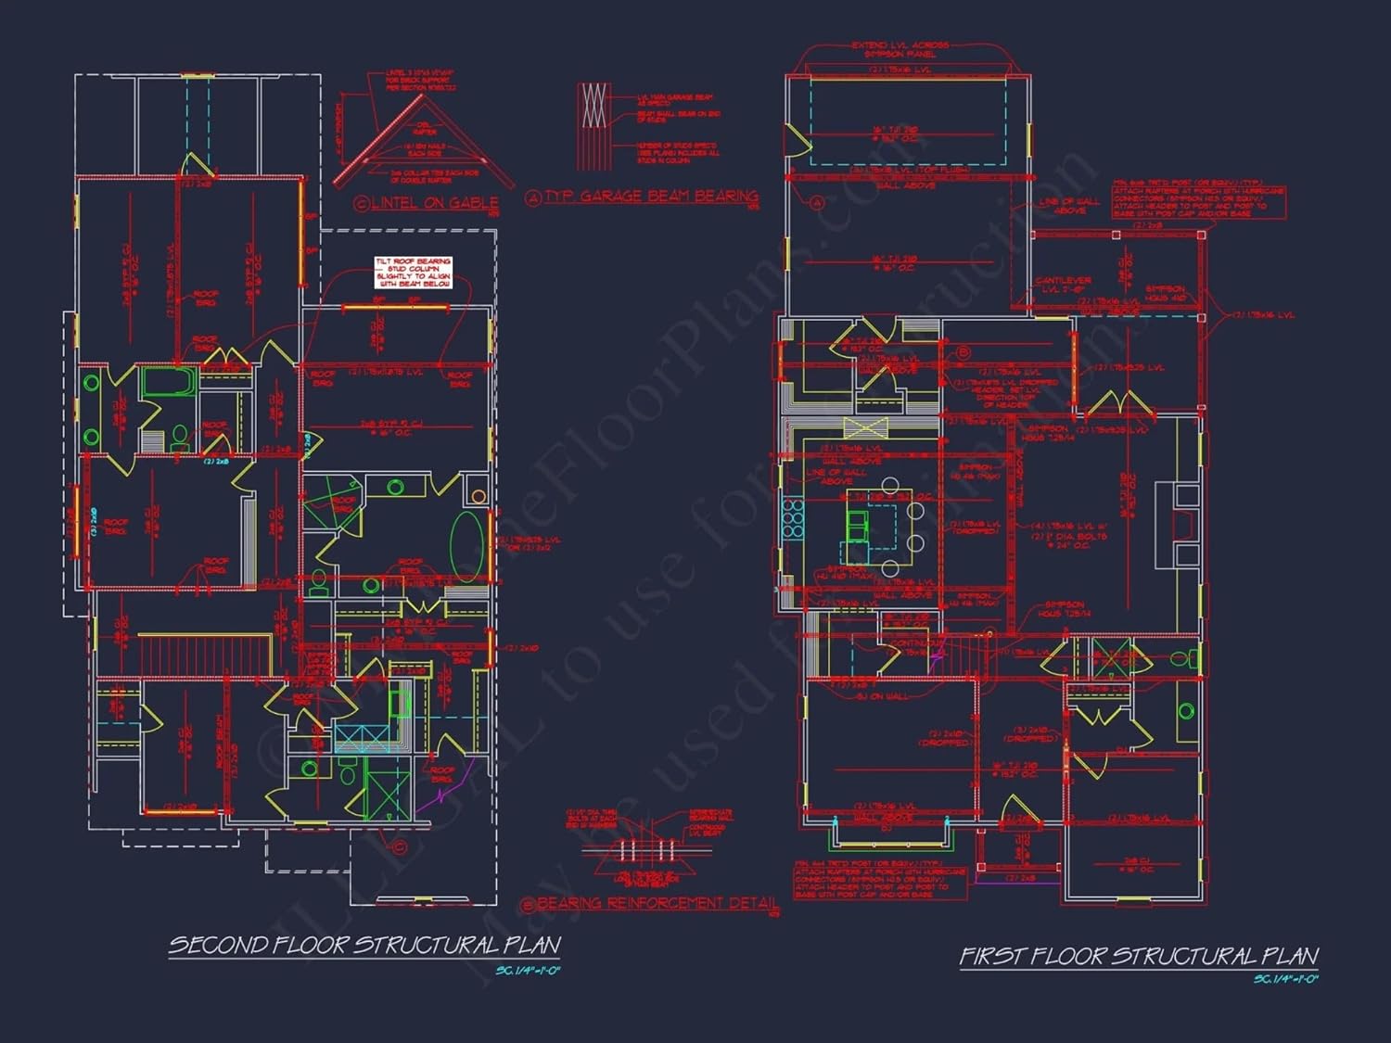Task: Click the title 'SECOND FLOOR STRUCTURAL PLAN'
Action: [x=364, y=945]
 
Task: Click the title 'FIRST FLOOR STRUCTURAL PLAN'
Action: [x=1139, y=956]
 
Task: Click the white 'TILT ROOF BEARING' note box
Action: [x=414, y=273]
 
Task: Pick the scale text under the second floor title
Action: [x=529, y=971]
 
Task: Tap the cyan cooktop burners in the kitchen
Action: [x=794, y=519]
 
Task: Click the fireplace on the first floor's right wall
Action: [x=1176, y=524]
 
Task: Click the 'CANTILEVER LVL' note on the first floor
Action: [x=1063, y=285]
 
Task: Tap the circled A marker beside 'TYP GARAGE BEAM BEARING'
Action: [x=533, y=197]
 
